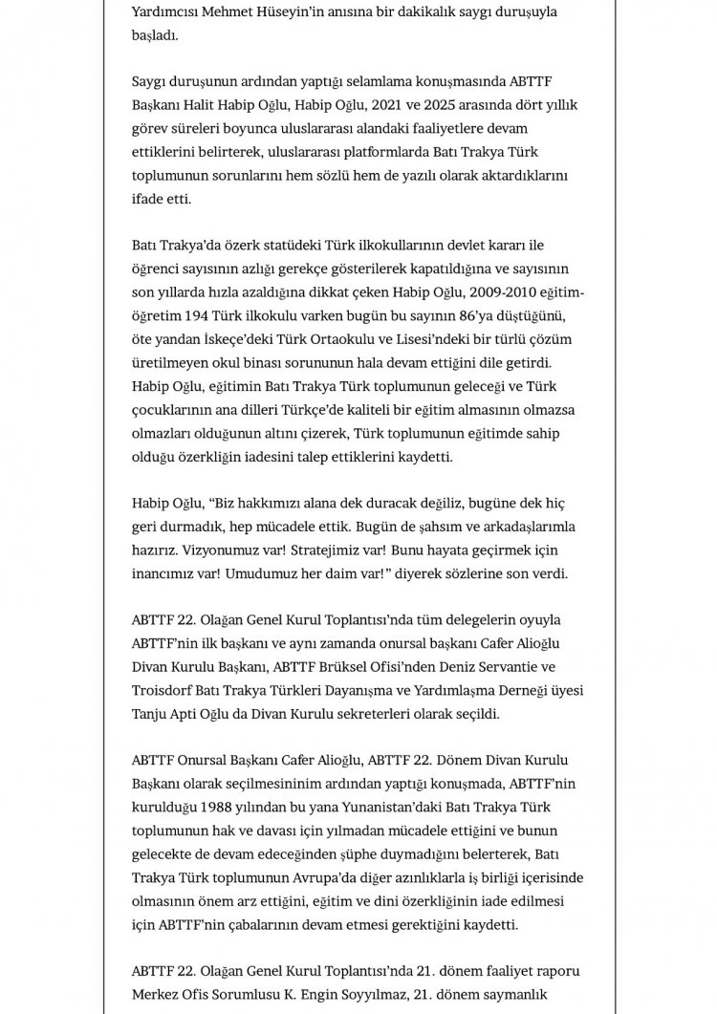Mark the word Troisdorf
pos(167,690)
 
